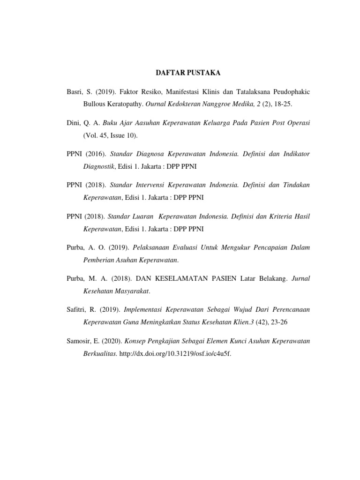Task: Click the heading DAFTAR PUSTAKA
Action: pyautogui.click(x=187, y=73)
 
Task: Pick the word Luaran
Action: pyautogui.click(x=143, y=217)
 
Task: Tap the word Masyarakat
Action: pyautogui.click(x=134, y=291)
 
